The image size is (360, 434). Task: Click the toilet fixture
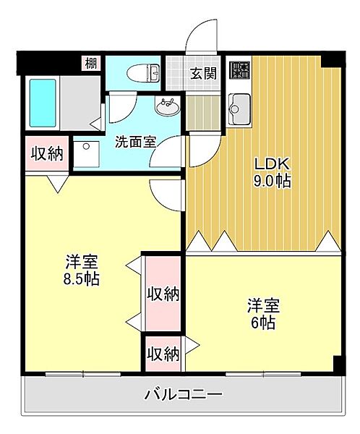point(143,73)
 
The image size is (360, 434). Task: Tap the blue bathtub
point(43,103)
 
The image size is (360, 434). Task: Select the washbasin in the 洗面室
point(168,106)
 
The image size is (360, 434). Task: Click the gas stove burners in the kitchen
point(240,70)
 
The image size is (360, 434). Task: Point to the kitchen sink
point(239,109)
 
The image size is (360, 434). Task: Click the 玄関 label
point(203,73)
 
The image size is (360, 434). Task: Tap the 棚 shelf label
point(91,64)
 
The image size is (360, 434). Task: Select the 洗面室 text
point(136,142)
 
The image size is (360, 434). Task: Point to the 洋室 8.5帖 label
point(82,270)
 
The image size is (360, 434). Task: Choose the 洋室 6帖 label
point(263,314)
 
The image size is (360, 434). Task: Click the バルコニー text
point(183,394)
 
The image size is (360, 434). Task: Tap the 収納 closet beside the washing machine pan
point(47,153)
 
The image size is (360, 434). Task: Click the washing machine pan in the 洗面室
point(87,154)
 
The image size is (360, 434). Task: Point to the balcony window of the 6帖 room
point(263,374)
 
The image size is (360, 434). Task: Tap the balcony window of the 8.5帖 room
point(83,374)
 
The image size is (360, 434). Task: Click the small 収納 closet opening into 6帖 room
point(163,354)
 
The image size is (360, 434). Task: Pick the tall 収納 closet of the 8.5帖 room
point(163,294)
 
